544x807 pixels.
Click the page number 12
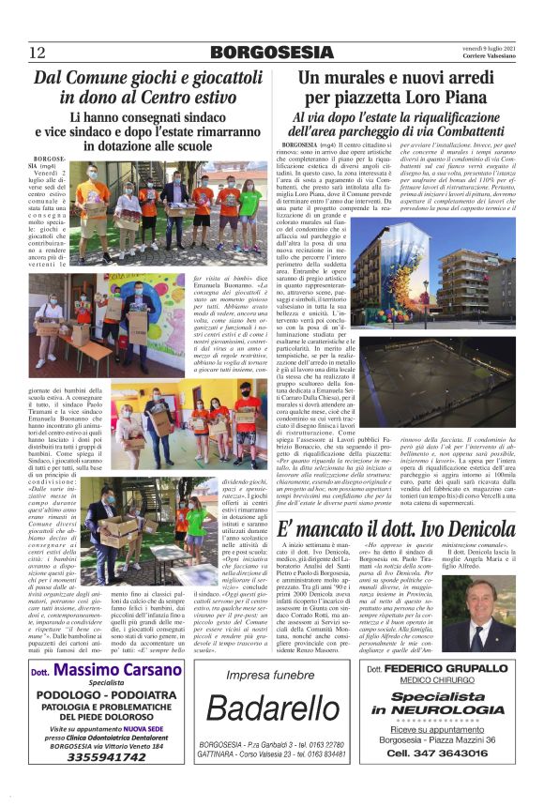pyautogui.click(x=38, y=52)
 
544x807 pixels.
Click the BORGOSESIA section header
pyautogui.click(x=271, y=52)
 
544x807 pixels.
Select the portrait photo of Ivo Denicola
pyautogui.click(x=488, y=620)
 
